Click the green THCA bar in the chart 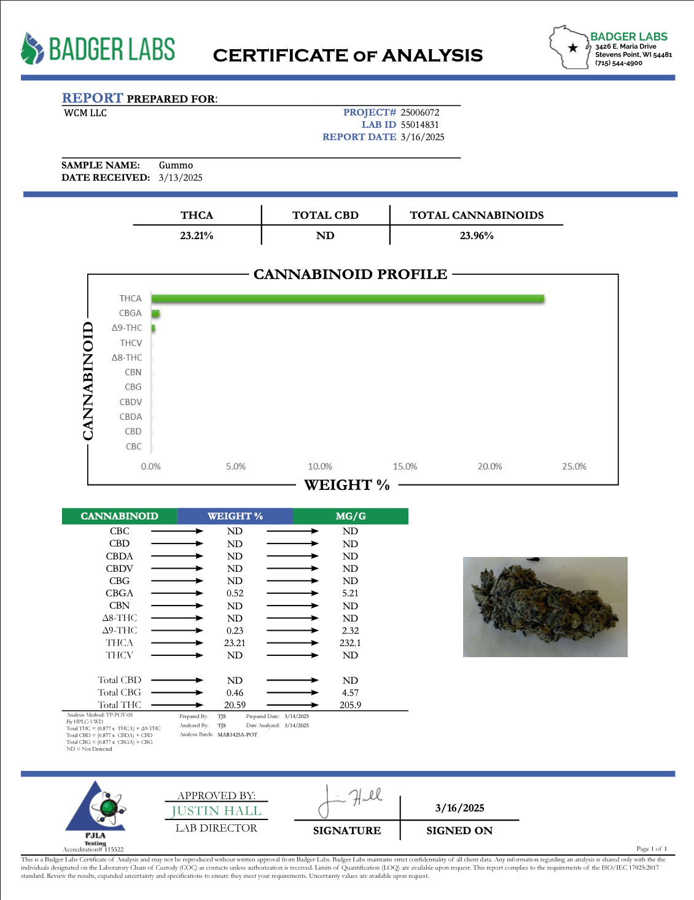[x=348, y=299]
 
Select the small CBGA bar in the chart [x=155, y=314]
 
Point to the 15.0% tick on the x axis [x=405, y=467]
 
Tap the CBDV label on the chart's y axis [x=131, y=402]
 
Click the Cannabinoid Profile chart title [x=350, y=274]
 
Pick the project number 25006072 [x=420, y=112]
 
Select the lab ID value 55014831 [x=420, y=125]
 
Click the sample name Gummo [x=176, y=165]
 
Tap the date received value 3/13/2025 [x=181, y=178]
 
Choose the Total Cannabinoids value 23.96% [x=477, y=235]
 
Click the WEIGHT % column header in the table [x=235, y=516]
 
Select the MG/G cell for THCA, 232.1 [x=350, y=643]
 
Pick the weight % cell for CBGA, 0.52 [x=235, y=593]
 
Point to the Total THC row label [x=120, y=705]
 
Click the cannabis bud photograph [x=545, y=607]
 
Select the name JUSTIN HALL [x=216, y=811]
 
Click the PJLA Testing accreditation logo [x=96, y=811]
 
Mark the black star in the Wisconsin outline [x=573, y=48]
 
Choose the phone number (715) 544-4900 [x=618, y=63]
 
